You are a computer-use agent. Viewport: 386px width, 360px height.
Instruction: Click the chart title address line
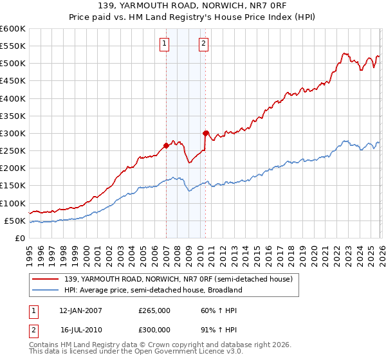click(x=193, y=6)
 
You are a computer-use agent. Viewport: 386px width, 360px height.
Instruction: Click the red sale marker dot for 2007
click(x=166, y=145)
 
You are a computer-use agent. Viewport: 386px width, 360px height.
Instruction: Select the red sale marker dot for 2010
click(x=205, y=133)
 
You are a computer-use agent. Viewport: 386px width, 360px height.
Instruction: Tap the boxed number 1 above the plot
click(x=165, y=44)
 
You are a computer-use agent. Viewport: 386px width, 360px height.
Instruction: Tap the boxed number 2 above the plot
click(x=203, y=44)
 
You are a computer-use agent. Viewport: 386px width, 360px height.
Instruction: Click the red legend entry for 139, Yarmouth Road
click(x=178, y=279)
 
